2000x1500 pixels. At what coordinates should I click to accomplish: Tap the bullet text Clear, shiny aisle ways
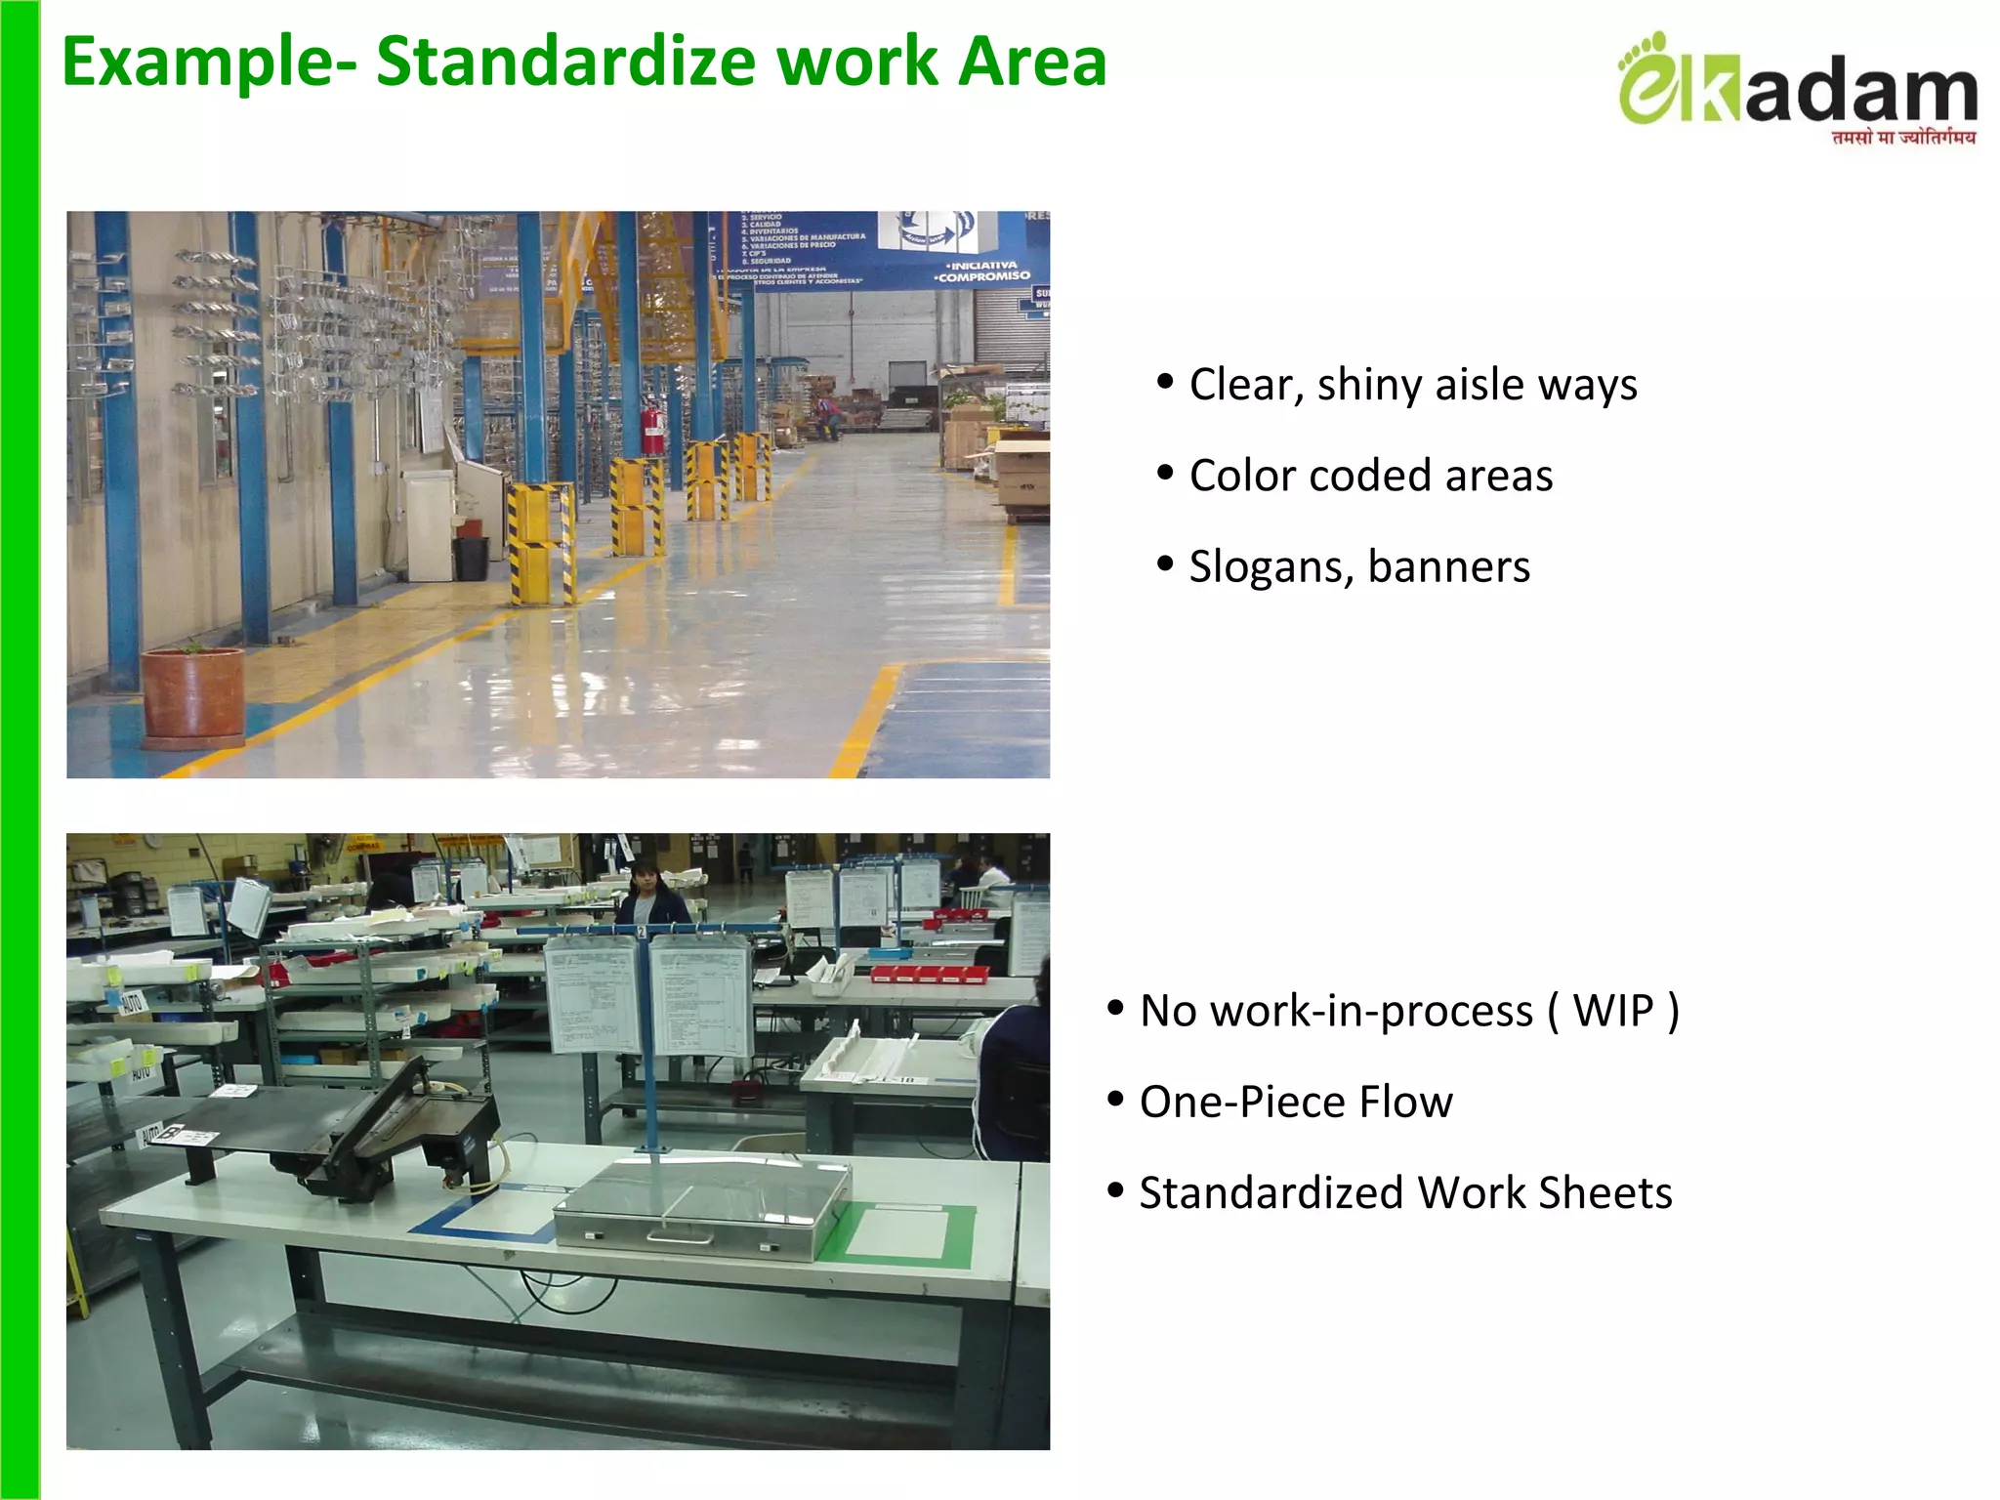tap(1412, 385)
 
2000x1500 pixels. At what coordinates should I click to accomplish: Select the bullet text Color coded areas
tap(1370, 476)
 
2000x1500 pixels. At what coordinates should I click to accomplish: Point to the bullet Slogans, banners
tap(1358, 566)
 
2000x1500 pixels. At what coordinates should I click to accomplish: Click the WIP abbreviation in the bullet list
tap(1612, 1011)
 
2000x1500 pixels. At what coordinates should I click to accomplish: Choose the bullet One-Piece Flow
tap(1295, 1102)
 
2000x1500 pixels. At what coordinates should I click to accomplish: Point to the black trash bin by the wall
tap(471, 558)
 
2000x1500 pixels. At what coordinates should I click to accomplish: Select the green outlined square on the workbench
tap(896, 1234)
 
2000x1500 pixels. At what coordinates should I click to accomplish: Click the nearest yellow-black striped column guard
tap(540, 542)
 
